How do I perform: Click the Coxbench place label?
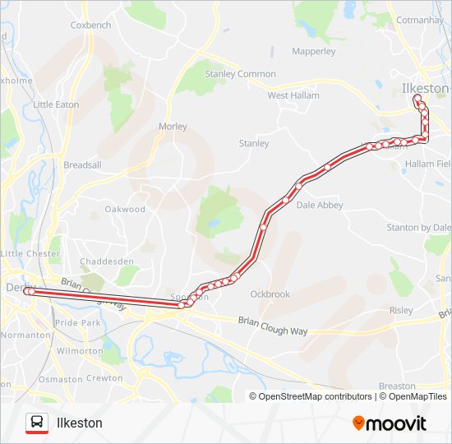[90, 25]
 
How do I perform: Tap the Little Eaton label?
[57, 104]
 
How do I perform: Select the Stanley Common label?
[240, 74]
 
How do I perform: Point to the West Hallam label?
[293, 95]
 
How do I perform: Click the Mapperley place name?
[314, 51]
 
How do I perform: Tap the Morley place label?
[173, 127]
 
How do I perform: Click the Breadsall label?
[82, 164]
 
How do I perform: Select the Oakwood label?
[125, 209]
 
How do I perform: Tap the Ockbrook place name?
[270, 294]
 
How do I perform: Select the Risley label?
[401, 311]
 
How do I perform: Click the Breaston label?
[397, 386]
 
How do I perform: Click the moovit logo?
[390, 423]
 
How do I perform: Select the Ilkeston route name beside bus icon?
[79, 423]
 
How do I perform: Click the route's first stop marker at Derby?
[27, 291]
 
